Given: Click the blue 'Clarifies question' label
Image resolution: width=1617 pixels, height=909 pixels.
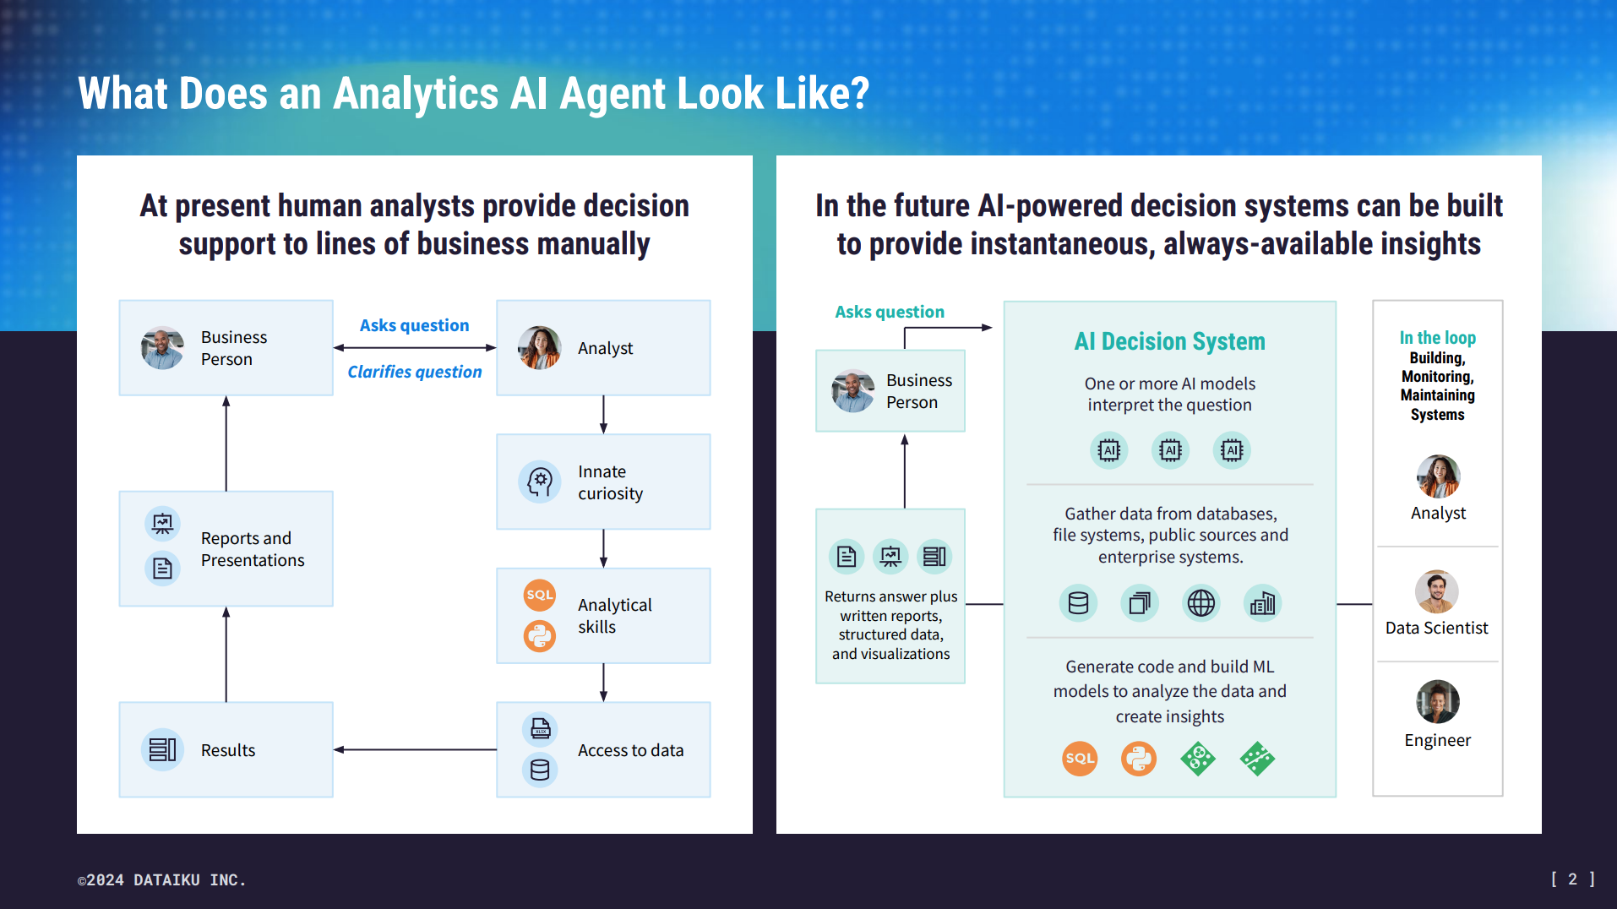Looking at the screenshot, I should pyautogui.click(x=414, y=372).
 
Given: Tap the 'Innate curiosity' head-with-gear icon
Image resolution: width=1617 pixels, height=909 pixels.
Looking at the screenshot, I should pyautogui.click(x=540, y=482).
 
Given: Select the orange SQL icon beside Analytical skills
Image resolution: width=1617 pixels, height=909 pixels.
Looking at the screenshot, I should pyautogui.click(x=540, y=595).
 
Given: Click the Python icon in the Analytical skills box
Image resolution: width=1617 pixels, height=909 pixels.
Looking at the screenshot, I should pyautogui.click(x=540, y=635).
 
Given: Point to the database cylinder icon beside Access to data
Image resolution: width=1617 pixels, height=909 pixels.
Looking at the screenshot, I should pyautogui.click(x=540, y=770).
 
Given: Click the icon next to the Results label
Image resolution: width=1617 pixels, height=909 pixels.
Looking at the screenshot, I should pyautogui.click(x=162, y=749).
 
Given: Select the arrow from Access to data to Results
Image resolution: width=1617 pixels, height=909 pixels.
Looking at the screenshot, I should pyautogui.click(x=414, y=749).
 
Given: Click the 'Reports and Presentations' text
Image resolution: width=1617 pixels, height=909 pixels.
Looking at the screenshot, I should pyautogui.click(x=252, y=549).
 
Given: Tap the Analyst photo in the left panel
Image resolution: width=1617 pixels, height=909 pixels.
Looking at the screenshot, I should pyautogui.click(x=540, y=348).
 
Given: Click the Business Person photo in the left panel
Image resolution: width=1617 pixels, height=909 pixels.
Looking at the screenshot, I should pyautogui.click(x=162, y=348).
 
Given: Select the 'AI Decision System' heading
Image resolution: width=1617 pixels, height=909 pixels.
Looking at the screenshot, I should pyautogui.click(x=1169, y=341).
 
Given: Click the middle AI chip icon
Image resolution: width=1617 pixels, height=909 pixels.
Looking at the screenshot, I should pyautogui.click(x=1170, y=450).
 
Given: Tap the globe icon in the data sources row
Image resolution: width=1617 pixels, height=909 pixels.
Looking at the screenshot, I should pyautogui.click(x=1200, y=603).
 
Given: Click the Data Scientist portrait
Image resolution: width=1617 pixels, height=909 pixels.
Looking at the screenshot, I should pyautogui.click(x=1437, y=591).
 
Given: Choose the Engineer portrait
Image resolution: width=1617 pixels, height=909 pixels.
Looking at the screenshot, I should pyautogui.click(x=1437, y=701).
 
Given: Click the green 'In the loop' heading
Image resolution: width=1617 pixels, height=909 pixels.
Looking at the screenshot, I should pyautogui.click(x=1437, y=338).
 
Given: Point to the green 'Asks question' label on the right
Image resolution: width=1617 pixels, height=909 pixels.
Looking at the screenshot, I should pyautogui.click(x=890, y=312).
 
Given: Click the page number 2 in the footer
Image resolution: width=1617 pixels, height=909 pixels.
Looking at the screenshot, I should pyautogui.click(x=1572, y=879).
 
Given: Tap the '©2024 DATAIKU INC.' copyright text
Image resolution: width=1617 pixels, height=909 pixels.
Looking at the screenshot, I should pyautogui.click(x=162, y=880).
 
